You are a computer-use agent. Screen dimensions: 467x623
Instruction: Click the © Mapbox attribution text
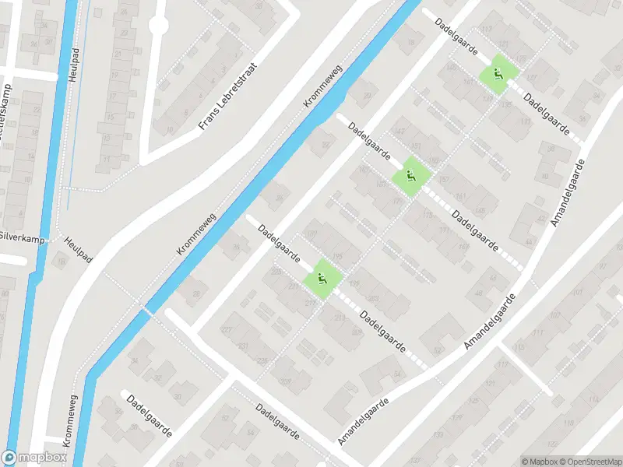tap(540, 462)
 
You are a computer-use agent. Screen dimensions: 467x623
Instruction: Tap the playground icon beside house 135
tap(496, 75)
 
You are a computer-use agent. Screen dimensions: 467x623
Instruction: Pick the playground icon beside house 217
tap(322, 278)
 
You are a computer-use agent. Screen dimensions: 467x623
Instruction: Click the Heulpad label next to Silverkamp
tap(79, 251)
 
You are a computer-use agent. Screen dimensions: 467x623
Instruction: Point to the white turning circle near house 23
tap(158, 26)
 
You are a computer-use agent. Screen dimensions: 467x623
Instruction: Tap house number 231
tap(243, 346)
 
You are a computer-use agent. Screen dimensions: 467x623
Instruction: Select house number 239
tap(262, 360)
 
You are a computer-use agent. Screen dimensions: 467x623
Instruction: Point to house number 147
tap(400, 134)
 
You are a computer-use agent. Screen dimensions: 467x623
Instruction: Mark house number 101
tap(578, 294)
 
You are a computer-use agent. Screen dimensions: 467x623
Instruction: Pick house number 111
tap(538, 332)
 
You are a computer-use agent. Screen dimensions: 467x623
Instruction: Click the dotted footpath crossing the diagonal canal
tap(146, 309)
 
